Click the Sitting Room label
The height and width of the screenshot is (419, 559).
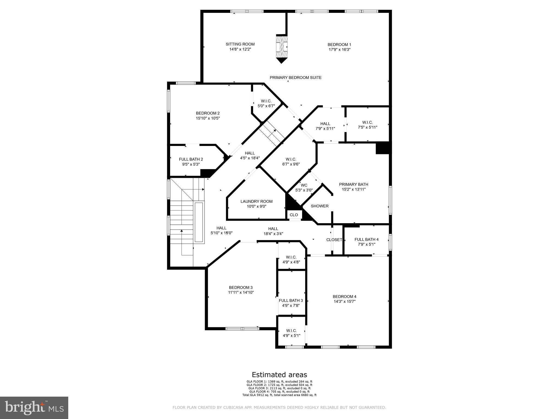coord(240,44)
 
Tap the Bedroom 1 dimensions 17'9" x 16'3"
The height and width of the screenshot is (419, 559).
coord(339,50)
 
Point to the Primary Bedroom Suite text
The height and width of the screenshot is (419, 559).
coord(295,78)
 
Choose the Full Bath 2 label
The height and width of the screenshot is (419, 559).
coord(191,159)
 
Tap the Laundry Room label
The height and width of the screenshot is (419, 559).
coord(256,202)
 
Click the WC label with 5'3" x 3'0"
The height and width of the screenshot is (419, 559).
coord(304,185)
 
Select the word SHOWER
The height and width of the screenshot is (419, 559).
coord(319,206)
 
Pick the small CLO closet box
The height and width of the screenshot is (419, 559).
coord(294,215)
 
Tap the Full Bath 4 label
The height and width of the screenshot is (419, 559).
coord(366,240)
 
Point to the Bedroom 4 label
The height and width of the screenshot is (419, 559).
coord(344,297)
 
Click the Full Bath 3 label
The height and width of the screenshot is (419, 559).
coord(291,300)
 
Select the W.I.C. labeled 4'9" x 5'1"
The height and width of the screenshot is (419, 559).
coord(291,333)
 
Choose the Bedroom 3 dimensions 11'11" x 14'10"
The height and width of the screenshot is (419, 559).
coord(241,292)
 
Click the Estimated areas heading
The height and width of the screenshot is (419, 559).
coord(279,375)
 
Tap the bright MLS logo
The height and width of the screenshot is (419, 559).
coord(34,408)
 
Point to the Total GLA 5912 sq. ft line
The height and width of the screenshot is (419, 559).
coord(279,395)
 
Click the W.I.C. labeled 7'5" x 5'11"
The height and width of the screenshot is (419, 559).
coord(367,125)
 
